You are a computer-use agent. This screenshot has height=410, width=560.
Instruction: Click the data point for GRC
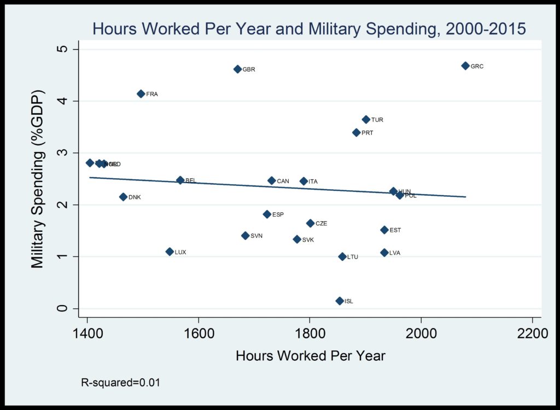[x=465, y=66]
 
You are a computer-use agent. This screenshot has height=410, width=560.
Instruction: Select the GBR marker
[x=237, y=69]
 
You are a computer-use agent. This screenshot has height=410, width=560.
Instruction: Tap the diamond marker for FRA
[x=141, y=93]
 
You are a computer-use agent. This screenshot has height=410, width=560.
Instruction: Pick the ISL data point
[x=340, y=301]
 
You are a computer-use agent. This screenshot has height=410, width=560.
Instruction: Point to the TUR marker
[x=366, y=119]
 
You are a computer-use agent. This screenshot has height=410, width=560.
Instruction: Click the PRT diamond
[x=357, y=132]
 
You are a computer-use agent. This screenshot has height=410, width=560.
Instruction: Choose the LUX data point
[x=170, y=251]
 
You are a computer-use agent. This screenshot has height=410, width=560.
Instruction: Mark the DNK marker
[x=123, y=197]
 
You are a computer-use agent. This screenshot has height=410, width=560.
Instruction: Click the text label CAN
[x=283, y=181]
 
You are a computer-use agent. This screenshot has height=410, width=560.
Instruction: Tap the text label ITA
[x=313, y=181]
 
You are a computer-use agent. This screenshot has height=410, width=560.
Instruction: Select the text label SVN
[x=256, y=236]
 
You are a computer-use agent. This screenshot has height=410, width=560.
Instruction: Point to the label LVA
[x=395, y=253]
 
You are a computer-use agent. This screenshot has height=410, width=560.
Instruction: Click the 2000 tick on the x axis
[x=421, y=333]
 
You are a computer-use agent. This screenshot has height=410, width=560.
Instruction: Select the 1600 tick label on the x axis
[x=199, y=333]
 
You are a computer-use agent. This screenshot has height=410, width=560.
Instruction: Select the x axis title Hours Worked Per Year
[x=310, y=356]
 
